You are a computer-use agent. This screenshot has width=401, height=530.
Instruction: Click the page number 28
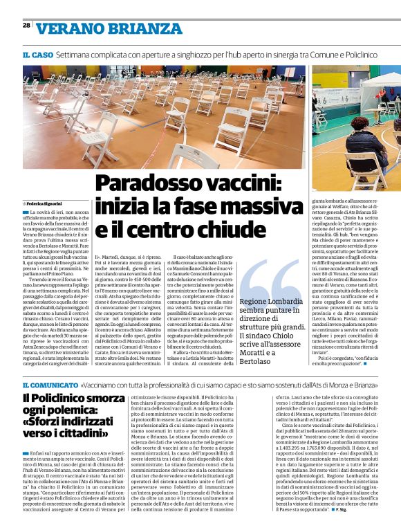[x=26, y=25]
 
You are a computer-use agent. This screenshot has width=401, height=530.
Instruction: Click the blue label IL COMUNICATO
[x=49, y=383]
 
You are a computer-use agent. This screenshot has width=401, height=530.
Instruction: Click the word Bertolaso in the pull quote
[x=257, y=361]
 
